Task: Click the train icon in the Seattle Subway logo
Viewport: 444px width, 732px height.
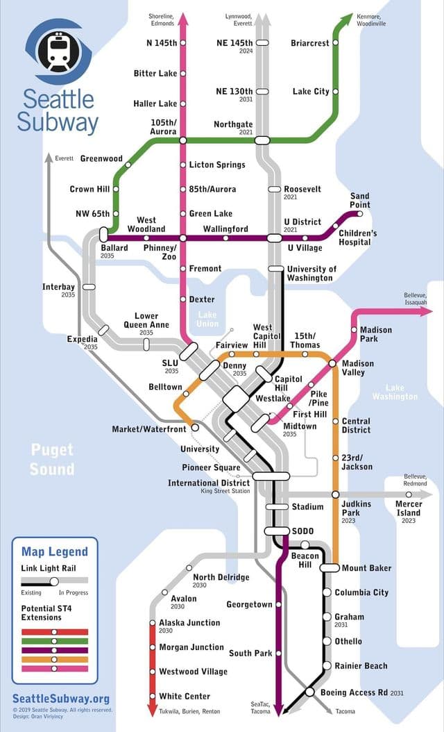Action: pos(58,50)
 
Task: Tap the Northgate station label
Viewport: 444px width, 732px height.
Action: pos(233,124)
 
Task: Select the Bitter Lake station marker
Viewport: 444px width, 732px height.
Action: pos(183,73)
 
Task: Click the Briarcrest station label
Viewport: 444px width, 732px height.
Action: pos(310,43)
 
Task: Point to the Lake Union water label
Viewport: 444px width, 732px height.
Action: pos(207,319)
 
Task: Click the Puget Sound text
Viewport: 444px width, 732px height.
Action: pos(52,460)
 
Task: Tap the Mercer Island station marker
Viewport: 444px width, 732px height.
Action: pos(409,494)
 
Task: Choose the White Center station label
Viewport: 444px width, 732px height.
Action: pos(185,696)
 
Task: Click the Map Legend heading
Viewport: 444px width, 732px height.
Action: pos(55,551)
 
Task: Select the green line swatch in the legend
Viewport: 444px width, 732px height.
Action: pos(55,641)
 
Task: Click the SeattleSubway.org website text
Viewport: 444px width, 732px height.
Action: pos(61,699)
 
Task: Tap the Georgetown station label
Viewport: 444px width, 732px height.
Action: pos(249,604)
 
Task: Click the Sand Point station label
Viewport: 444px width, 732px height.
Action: pos(360,200)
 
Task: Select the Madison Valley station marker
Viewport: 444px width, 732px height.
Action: pos(332,363)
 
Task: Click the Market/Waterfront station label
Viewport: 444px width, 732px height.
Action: pos(149,429)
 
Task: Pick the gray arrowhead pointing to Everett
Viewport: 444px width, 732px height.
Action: pos(49,158)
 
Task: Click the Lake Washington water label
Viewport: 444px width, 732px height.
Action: pos(394,392)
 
